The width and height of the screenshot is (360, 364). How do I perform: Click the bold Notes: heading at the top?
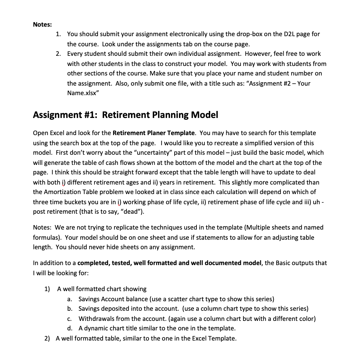click(x=42, y=24)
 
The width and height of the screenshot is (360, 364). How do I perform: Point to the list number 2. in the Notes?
click(x=58, y=54)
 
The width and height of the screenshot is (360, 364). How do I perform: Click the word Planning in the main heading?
click(x=170, y=115)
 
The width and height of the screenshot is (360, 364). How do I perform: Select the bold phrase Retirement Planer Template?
click(x=153, y=133)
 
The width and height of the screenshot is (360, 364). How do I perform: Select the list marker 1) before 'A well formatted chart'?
click(x=47, y=289)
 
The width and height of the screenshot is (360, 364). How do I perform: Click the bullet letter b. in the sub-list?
click(x=70, y=309)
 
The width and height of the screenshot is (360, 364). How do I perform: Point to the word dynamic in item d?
click(x=95, y=328)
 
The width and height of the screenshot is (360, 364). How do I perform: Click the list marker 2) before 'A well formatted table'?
click(x=47, y=338)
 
